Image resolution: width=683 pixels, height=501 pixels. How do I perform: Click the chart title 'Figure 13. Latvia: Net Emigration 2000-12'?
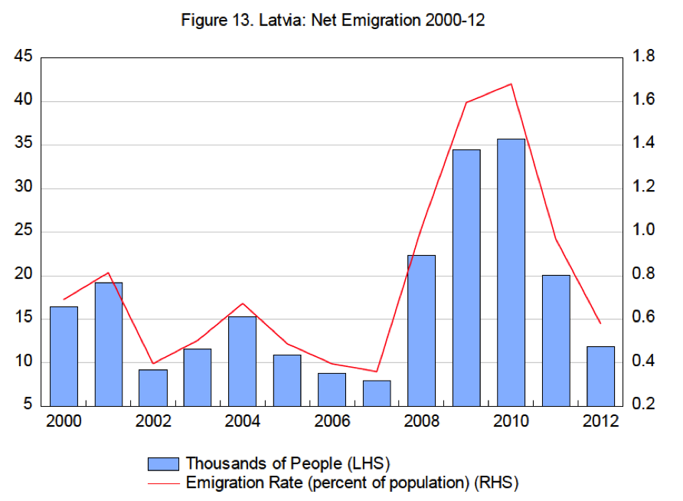[x=332, y=21]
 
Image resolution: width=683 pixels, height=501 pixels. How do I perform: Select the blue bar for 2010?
[x=511, y=272]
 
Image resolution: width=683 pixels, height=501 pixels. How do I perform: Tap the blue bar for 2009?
[x=466, y=277]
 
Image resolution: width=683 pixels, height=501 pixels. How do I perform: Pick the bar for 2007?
[x=377, y=392]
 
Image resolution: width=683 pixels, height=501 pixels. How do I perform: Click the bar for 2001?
[x=108, y=343]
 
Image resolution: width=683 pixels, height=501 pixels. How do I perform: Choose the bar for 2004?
[x=242, y=360]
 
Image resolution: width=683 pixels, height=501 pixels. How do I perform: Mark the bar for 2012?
[x=600, y=375]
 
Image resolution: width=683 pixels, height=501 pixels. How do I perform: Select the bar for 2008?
[x=421, y=329]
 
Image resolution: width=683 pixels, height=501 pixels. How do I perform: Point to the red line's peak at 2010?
[x=511, y=84]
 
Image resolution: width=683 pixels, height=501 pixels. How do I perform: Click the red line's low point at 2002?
[x=152, y=363]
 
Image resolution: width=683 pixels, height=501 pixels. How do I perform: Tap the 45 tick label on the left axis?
[x=25, y=57]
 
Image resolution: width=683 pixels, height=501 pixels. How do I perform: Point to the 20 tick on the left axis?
[x=25, y=276]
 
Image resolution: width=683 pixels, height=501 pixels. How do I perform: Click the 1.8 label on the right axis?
[x=644, y=57]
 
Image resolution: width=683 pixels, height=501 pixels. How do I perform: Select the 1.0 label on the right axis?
[x=644, y=231]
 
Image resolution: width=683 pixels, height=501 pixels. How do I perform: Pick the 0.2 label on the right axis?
[x=644, y=405]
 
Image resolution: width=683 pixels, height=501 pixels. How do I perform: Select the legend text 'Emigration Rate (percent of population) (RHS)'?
[x=353, y=483]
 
